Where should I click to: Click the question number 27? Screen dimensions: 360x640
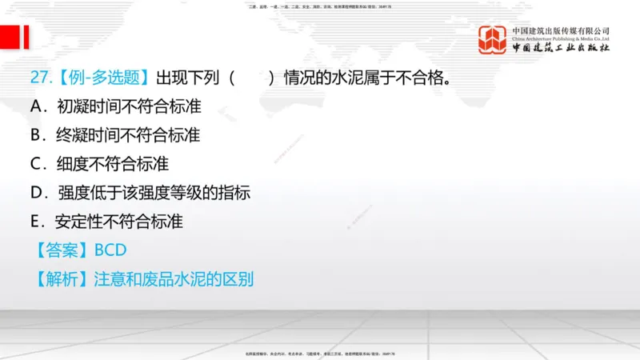[x=38, y=78]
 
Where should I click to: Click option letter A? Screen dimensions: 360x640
[x=38, y=106]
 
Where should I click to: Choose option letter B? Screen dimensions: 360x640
[x=36, y=135]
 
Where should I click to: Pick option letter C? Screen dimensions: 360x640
[x=37, y=164]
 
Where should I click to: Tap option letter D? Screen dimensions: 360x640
[x=37, y=192]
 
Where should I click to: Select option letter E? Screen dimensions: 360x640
[x=36, y=222]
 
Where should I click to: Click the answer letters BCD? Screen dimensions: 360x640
[x=110, y=250]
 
